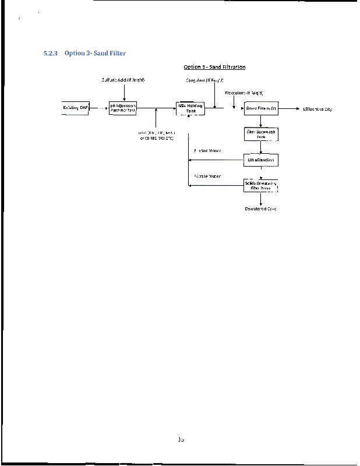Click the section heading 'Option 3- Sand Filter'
click(95, 54)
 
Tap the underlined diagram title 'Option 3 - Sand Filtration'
click(214, 67)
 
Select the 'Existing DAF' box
click(76, 108)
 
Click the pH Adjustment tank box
click(123, 108)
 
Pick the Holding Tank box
click(190, 108)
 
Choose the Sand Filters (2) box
click(260, 108)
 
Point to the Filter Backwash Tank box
click(260, 134)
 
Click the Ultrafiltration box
click(260, 160)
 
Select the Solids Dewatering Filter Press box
click(260, 186)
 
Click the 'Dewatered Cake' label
click(260, 208)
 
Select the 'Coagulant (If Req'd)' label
click(204, 80)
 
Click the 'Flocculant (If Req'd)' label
click(244, 93)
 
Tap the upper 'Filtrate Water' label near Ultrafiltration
click(207, 151)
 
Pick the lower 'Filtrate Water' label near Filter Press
click(207, 176)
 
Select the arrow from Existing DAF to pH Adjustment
click(99, 108)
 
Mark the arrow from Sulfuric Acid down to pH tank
click(124, 91)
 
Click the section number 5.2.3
click(51, 54)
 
